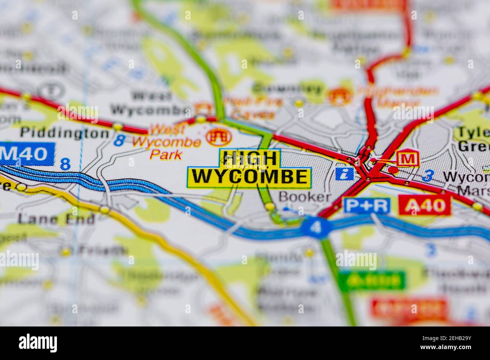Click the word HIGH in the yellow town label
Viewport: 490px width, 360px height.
pos(250,159)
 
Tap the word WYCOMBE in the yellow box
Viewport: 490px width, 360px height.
pos(249,177)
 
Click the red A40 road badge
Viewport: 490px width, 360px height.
pos(427,205)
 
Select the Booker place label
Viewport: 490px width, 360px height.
pos(305,197)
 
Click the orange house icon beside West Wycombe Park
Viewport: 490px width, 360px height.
pos(218,137)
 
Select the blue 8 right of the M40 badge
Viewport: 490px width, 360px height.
pos(65,164)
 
